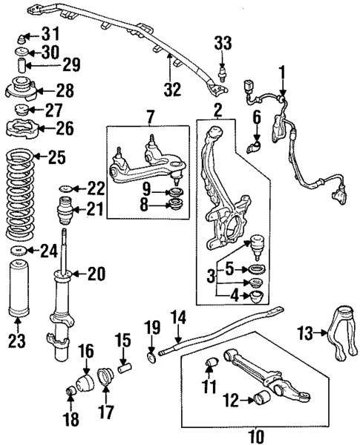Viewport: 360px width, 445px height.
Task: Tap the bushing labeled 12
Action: [263, 398]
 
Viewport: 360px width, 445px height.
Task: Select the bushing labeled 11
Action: [211, 363]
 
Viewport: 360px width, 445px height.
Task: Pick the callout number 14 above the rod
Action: [179, 317]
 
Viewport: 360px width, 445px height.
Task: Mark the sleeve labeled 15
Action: [125, 367]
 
